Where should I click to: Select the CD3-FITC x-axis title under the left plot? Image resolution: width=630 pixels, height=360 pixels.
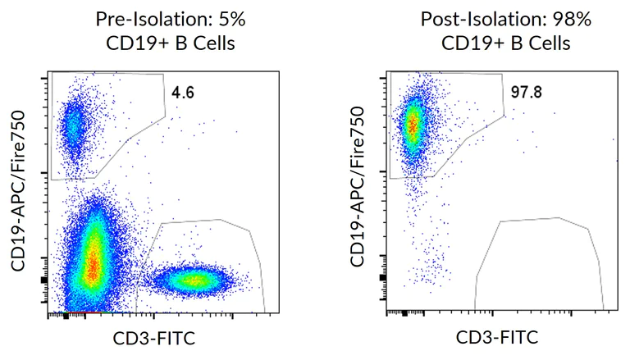point(155,338)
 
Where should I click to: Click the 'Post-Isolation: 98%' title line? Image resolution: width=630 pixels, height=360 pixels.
point(497,19)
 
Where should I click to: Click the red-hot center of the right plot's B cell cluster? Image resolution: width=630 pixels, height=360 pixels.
point(413,123)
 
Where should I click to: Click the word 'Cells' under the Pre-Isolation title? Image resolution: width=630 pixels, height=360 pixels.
point(213,43)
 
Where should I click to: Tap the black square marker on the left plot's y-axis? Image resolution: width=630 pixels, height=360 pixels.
point(45,280)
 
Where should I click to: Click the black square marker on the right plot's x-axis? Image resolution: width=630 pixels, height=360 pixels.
point(404,313)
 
